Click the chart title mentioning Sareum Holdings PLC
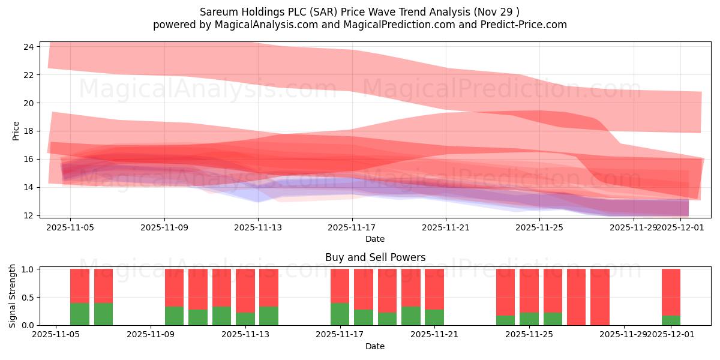360,11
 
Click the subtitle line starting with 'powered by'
360,25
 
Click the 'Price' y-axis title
16,131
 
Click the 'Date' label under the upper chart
375,239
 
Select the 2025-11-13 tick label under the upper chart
258,227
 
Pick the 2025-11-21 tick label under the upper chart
446,227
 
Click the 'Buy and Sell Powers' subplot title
375,257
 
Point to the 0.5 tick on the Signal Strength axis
28,298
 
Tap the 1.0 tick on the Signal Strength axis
28,269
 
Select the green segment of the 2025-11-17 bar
340,314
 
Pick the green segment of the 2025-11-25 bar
553,319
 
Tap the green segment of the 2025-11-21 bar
434,317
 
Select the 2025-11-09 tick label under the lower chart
151,335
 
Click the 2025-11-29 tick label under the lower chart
625,335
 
